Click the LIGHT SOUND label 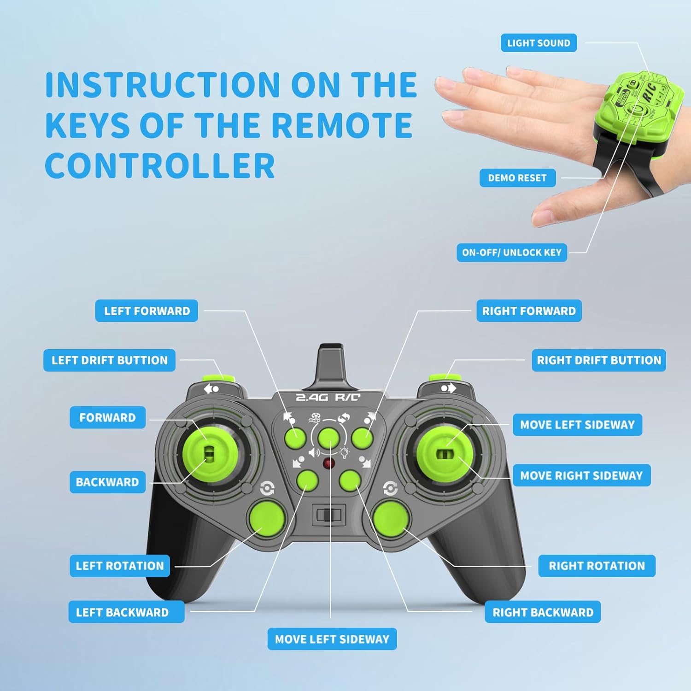[x=539, y=43]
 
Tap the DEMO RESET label [x=517, y=178]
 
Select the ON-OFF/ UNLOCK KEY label [x=512, y=252]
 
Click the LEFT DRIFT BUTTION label [x=110, y=360]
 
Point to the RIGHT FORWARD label [x=529, y=311]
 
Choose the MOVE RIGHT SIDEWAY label [x=581, y=475]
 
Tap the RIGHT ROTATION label [x=597, y=566]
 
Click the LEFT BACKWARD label [x=122, y=612]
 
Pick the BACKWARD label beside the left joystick [x=107, y=482]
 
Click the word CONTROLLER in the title [x=160, y=166]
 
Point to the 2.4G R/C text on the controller [x=328, y=397]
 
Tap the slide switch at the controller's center [x=329, y=515]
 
